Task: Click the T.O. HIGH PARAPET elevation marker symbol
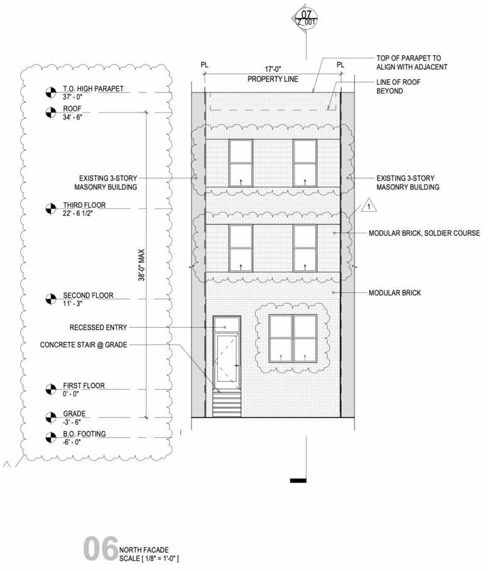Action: pyautogui.click(x=50, y=93)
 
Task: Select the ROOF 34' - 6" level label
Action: pyautogui.click(x=76, y=112)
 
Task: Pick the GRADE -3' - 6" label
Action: pyautogui.click(x=74, y=418)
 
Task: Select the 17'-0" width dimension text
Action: pyautogui.click(x=272, y=70)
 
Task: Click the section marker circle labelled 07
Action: pyautogui.click(x=306, y=17)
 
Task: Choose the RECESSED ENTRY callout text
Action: pyautogui.click(x=98, y=327)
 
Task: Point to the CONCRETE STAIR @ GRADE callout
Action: pyautogui.click(x=84, y=345)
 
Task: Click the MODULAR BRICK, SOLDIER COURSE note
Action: pyautogui.click(x=424, y=233)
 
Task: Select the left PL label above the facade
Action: pyautogui.click(x=204, y=65)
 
